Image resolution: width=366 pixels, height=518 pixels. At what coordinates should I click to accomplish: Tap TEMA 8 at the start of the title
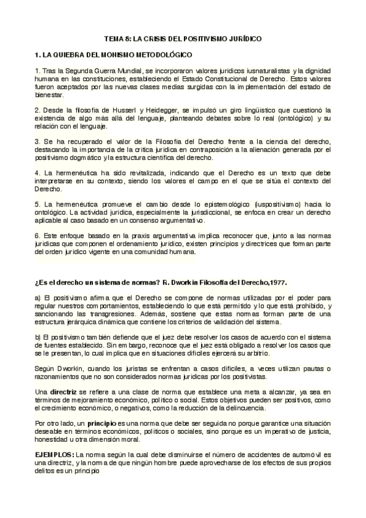tap(115, 38)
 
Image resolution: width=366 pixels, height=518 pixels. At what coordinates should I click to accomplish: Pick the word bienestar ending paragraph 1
tap(48, 95)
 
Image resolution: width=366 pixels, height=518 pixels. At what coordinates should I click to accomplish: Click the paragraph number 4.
tap(37, 172)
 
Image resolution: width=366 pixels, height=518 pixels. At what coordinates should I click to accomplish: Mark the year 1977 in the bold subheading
tap(274, 282)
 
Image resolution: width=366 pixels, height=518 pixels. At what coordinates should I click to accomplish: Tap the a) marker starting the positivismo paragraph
tap(37, 297)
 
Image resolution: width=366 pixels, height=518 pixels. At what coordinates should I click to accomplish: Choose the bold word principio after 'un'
tap(106, 423)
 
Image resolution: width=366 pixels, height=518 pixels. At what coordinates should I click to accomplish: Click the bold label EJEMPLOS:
tap(54, 455)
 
